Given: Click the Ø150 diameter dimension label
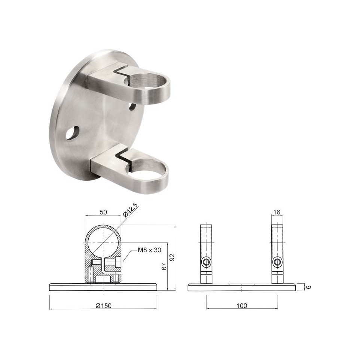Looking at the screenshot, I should tap(103, 306).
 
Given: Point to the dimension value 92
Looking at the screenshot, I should tap(172, 257).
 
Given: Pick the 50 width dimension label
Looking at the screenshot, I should tap(103, 212).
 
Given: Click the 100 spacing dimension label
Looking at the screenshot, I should tap(242, 306).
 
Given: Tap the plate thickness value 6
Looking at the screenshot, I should tap(309, 287).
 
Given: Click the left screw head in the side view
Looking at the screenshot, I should tap(205, 262).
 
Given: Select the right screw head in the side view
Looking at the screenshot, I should tap(277, 262).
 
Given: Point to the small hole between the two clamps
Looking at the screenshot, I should tap(132, 106).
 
